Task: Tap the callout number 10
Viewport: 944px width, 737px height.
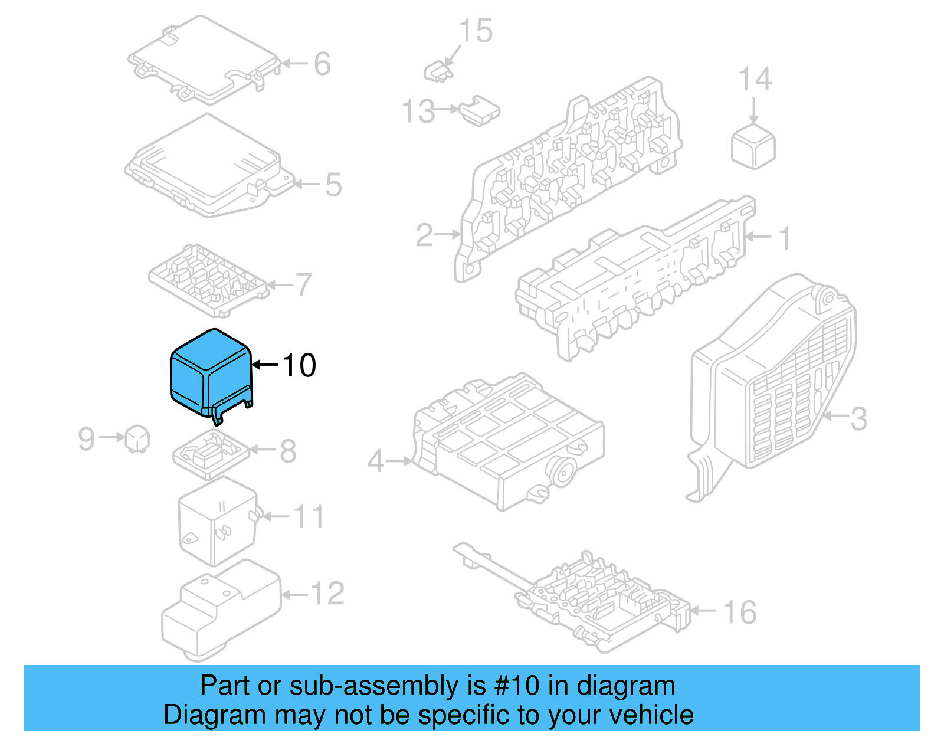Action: pyautogui.click(x=299, y=365)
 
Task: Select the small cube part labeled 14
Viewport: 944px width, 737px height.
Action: pyautogui.click(x=753, y=146)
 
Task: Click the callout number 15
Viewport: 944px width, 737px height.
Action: pyautogui.click(x=476, y=31)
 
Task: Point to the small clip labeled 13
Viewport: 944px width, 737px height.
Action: pyautogui.click(x=480, y=111)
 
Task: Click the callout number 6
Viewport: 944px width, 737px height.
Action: pyautogui.click(x=322, y=64)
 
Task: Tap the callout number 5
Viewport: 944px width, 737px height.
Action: pyautogui.click(x=333, y=185)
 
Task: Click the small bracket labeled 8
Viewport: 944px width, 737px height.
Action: pyautogui.click(x=210, y=453)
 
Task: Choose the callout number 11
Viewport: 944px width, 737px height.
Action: pyautogui.click(x=309, y=517)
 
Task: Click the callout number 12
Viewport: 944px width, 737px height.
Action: pyautogui.click(x=327, y=594)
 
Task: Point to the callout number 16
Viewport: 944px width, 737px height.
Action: pyautogui.click(x=740, y=612)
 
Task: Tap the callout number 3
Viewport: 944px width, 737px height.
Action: pyautogui.click(x=858, y=418)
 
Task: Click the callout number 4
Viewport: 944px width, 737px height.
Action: pyautogui.click(x=376, y=461)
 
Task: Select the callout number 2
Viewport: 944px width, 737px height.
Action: pyautogui.click(x=425, y=235)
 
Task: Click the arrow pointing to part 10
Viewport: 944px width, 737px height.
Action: pyautogui.click(x=265, y=365)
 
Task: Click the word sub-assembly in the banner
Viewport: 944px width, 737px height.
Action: pyautogui.click(x=373, y=686)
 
